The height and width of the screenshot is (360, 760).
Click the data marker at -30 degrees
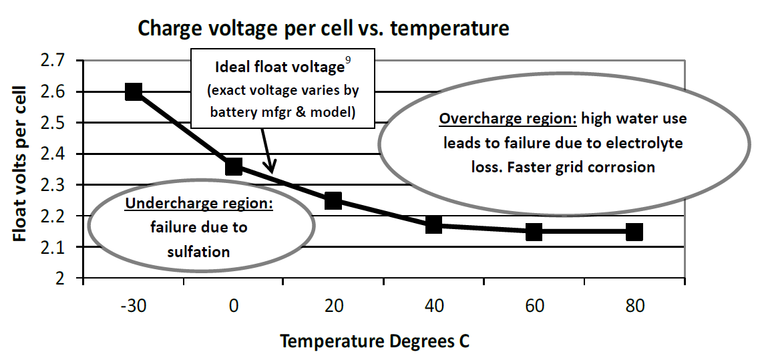(x=133, y=92)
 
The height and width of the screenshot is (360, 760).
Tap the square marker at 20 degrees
(x=333, y=200)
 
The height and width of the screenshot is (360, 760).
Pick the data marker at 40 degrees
(x=433, y=224)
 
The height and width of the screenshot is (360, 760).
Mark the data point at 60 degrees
(x=534, y=232)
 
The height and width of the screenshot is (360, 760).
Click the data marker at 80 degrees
(x=634, y=232)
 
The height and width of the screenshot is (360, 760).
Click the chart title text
(x=323, y=29)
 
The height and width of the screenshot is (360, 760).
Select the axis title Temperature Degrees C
(x=375, y=341)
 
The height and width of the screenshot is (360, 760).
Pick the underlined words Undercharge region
(x=199, y=204)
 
